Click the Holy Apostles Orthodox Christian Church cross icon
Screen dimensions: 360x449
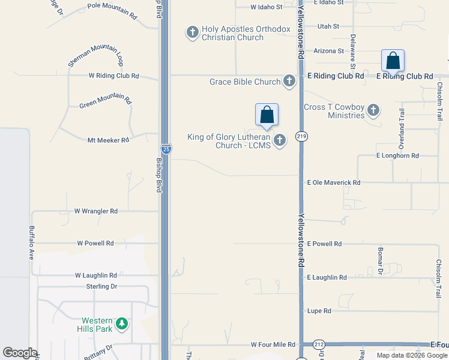coord(193,32)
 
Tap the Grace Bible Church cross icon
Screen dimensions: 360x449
coord(289,81)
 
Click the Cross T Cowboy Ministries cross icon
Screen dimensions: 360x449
coord(373,110)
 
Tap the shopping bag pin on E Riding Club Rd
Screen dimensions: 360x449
coord(393,61)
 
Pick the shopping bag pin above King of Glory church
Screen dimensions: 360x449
coord(267,115)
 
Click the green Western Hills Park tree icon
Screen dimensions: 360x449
coord(122,324)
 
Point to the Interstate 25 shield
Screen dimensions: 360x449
coord(166,149)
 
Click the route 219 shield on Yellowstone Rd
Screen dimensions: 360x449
coord(301,137)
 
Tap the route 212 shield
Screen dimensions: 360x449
coord(319,344)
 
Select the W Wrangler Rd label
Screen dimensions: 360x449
coord(96,211)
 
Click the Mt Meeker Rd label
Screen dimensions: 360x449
coord(108,140)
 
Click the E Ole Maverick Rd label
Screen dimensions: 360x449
coord(334,182)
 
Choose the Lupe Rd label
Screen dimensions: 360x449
coord(319,311)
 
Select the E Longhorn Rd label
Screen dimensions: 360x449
coord(397,155)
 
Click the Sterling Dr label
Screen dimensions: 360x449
coord(101,286)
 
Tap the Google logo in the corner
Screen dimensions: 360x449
coord(20,353)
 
